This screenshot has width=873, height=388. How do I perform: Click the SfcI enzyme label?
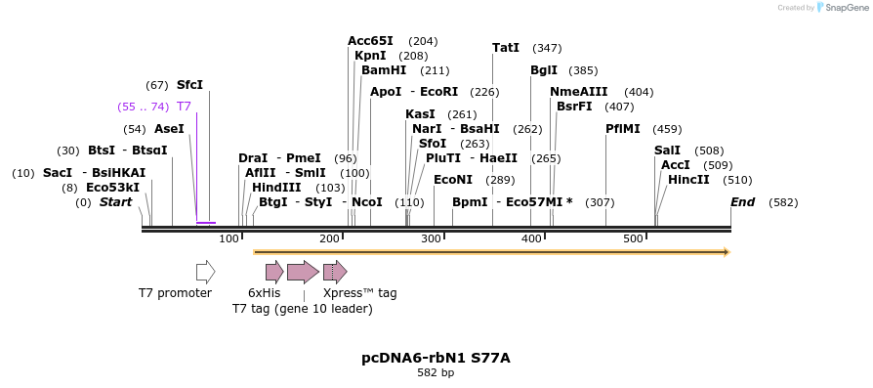pyautogui.click(x=189, y=85)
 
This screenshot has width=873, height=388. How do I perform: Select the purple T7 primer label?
pyautogui.click(x=184, y=107)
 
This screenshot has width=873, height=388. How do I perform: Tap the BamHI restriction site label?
pyautogui.click(x=384, y=70)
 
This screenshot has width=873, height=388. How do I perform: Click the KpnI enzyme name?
pyautogui.click(x=370, y=56)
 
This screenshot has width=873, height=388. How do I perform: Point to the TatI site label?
pyautogui.click(x=506, y=48)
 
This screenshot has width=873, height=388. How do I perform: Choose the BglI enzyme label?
pyautogui.click(x=544, y=70)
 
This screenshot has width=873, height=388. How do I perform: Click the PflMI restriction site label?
pyautogui.click(x=623, y=129)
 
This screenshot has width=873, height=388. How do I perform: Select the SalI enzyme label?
pyautogui.click(x=667, y=151)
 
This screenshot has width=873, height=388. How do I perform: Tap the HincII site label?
pyautogui.click(x=688, y=180)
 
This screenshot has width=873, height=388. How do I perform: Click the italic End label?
pyautogui.click(x=742, y=202)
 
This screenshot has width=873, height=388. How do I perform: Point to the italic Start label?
pyautogui.click(x=115, y=202)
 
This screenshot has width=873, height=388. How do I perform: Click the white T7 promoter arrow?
pyautogui.click(x=205, y=272)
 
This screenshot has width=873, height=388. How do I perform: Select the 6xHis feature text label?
pyautogui.click(x=265, y=293)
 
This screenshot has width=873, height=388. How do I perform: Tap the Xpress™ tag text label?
pyautogui.click(x=359, y=293)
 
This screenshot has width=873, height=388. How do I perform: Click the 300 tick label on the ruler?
pyautogui.click(x=431, y=239)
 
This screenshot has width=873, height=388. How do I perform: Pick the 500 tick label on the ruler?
pyautogui.click(x=633, y=239)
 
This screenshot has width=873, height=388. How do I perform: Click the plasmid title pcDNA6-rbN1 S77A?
pyautogui.click(x=436, y=358)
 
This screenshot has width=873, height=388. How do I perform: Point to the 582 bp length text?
pyautogui.click(x=436, y=373)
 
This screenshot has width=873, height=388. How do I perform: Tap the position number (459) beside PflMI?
pyautogui.click(x=667, y=129)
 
